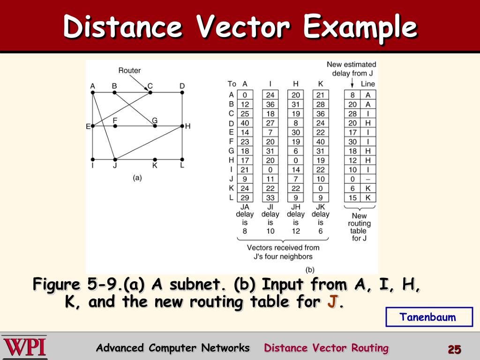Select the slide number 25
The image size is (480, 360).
(x=454, y=349)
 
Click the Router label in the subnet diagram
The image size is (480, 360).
(x=129, y=71)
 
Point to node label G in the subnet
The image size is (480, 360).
(x=155, y=120)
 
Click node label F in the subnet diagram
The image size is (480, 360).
(x=115, y=120)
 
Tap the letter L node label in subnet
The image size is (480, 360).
(x=182, y=165)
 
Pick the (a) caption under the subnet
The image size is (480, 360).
(x=137, y=178)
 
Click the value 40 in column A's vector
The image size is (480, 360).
(x=245, y=123)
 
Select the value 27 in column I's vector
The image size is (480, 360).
(x=270, y=123)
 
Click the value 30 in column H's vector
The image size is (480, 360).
(x=296, y=132)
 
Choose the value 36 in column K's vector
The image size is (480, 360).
(x=321, y=113)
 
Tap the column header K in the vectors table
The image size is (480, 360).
(x=321, y=84)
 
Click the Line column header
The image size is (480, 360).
(x=368, y=84)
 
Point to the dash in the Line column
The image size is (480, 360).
(x=368, y=179)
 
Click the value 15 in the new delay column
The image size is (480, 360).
(x=352, y=198)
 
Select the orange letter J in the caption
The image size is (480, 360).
(x=332, y=302)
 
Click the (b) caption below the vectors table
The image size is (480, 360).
(x=310, y=270)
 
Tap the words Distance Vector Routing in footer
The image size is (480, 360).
(x=326, y=348)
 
